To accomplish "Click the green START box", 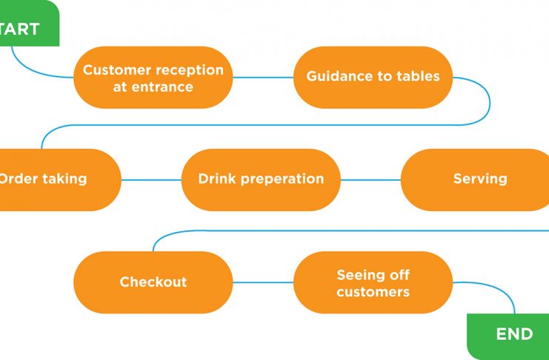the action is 30,23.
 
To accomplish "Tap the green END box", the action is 508,336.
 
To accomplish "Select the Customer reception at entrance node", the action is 153,77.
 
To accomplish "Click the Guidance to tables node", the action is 373,77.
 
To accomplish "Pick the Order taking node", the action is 61,180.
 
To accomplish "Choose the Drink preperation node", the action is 261,180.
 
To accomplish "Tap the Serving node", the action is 475,180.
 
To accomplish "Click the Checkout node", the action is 153,282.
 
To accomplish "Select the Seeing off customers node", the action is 373,282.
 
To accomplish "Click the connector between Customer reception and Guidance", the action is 263,77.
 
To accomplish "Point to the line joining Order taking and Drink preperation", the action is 151,180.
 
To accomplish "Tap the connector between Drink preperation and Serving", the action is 370,180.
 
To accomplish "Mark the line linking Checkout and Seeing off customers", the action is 263,282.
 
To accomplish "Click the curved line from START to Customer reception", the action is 32,71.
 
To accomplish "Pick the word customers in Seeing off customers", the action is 373,292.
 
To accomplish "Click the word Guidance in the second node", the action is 338,76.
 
